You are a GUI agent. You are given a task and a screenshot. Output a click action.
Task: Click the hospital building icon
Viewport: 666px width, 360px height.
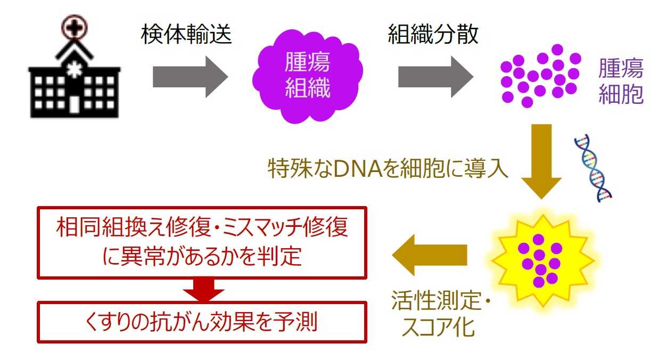click(x=75, y=80)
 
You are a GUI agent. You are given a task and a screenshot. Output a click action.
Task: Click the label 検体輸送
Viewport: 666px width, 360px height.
click(x=186, y=35)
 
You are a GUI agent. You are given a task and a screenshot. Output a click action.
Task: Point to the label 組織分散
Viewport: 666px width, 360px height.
click(x=433, y=35)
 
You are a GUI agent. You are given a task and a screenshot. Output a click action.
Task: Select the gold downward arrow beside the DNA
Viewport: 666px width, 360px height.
click(x=541, y=160)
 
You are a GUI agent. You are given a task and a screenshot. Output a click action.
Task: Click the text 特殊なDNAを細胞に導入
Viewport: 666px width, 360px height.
click(x=388, y=170)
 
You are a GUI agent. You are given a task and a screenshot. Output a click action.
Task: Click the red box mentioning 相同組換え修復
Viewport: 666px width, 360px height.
click(x=202, y=242)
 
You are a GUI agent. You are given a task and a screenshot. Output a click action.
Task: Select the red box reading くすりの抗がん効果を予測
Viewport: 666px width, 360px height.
click(x=202, y=322)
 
